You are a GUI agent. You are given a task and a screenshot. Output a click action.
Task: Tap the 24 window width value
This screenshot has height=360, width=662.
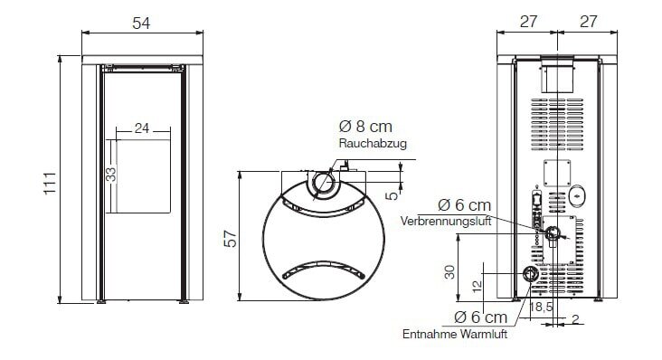[141, 128]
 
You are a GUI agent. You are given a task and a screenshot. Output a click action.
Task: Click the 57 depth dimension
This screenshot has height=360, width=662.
[231, 237]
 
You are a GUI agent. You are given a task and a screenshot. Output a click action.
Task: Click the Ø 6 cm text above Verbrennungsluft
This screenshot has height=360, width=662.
[464, 206]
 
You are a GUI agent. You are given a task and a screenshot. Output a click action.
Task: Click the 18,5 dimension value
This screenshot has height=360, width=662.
[544, 308]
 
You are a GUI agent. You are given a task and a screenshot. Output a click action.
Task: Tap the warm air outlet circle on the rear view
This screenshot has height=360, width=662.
[531, 274]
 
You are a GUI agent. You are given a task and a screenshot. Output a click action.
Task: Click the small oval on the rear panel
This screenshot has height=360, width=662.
[576, 194]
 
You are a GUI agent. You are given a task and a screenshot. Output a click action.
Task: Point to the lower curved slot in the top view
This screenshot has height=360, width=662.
[322, 269]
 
